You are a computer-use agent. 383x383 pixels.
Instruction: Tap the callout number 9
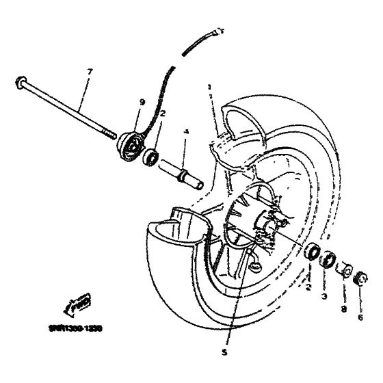click(143, 102)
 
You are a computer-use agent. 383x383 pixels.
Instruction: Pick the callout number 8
click(343, 308)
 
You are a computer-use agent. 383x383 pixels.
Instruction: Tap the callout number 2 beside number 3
click(308, 289)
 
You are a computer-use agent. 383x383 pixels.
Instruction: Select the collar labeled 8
click(345, 268)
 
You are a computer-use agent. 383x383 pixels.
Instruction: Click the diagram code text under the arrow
click(75, 328)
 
